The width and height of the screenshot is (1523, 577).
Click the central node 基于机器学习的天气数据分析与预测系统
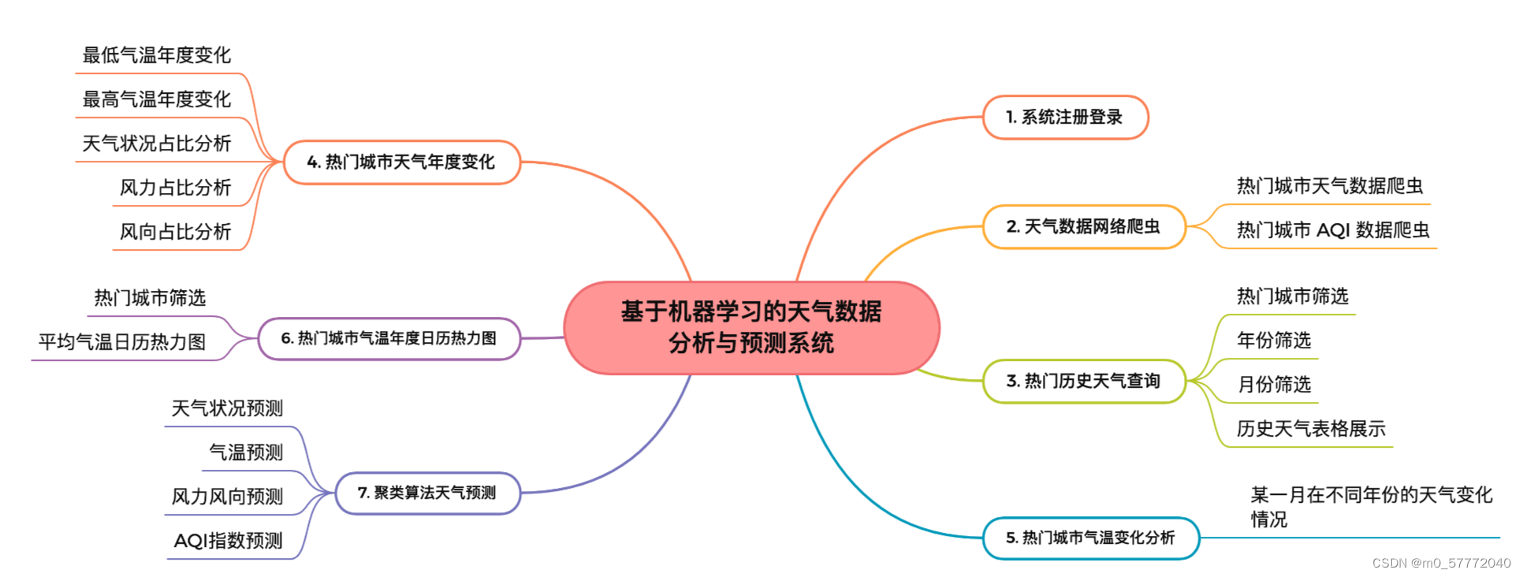click(x=751, y=327)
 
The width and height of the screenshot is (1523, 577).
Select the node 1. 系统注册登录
click(x=1065, y=117)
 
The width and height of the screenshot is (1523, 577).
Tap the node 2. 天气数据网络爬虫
click(x=1083, y=227)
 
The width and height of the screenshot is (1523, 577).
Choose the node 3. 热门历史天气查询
click(x=1083, y=382)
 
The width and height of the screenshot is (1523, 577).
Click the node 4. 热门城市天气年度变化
click(x=401, y=162)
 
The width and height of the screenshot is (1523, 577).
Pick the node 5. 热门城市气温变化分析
click(x=1090, y=538)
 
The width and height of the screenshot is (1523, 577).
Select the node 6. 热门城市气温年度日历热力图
click(x=389, y=339)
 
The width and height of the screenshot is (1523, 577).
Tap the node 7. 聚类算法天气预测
click(x=427, y=493)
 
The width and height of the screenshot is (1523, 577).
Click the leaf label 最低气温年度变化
click(x=157, y=55)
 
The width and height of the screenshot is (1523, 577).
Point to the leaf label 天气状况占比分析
click(x=157, y=143)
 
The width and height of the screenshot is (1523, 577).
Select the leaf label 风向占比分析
click(x=175, y=232)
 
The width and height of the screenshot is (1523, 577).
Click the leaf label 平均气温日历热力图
click(x=122, y=342)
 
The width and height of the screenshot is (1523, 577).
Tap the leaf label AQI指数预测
click(x=228, y=541)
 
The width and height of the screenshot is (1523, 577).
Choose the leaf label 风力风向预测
click(x=227, y=497)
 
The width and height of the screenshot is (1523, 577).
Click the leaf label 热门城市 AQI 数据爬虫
click(x=1333, y=230)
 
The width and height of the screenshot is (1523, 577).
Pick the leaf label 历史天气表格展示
click(x=1311, y=429)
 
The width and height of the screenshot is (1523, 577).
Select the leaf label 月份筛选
click(x=1274, y=385)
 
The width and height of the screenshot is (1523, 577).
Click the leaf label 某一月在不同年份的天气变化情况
click(x=1371, y=506)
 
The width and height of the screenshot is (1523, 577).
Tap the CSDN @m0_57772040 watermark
click(x=1441, y=564)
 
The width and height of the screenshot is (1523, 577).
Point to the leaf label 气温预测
click(x=246, y=452)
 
